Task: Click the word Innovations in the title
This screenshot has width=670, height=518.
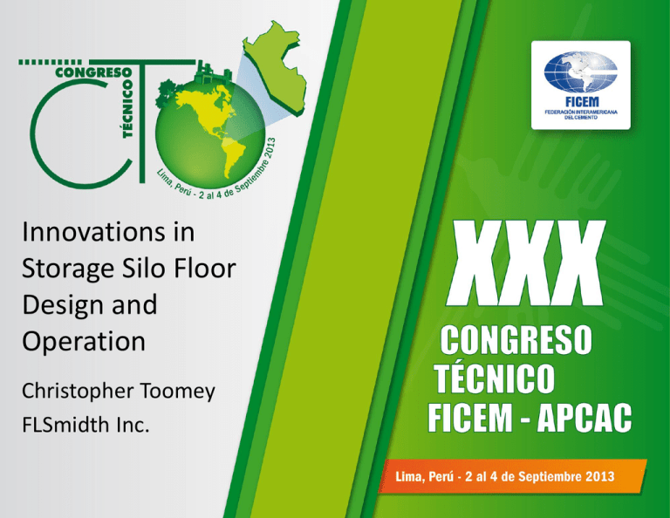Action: click(x=93, y=232)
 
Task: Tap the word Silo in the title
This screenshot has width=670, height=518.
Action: click(x=144, y=269)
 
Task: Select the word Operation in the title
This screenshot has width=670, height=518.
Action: click(x=84, y=342)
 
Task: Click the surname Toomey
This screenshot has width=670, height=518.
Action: click(x=178, y=392)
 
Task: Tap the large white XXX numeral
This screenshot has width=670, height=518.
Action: click(x=526, y=263)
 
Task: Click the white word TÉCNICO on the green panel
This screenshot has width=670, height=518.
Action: click(x=495, y=378)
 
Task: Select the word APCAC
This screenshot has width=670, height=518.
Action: click(x=585, y=418)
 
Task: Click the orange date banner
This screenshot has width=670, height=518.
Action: click(x=512, y=476)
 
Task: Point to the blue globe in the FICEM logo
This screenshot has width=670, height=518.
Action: click(x=581, y=72)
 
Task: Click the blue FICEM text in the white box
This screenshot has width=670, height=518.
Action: click(x=582, y=102)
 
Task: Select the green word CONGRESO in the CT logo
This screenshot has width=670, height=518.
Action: click(x=93, y=72)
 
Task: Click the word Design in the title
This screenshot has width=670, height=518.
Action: click(x=61, y=306)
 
